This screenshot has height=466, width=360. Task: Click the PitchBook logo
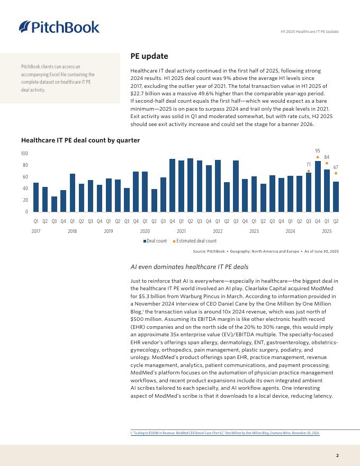59,26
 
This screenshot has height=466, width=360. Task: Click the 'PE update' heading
149,56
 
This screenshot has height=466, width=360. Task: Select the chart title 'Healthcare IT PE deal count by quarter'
80,140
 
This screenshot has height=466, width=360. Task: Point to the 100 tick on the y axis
24,154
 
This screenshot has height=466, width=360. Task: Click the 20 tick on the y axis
25,200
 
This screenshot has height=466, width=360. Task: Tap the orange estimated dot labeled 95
318,157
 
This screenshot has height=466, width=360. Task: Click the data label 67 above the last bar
336,167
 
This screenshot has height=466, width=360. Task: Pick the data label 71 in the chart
309,165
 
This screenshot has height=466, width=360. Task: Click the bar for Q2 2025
336,196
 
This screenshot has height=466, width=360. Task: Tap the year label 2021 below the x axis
181,231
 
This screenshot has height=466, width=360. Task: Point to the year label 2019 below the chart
109,231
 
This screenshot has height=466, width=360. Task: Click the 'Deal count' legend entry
156,241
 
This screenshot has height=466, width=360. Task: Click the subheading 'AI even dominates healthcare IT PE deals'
189,267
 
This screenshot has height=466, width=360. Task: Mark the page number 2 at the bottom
337,455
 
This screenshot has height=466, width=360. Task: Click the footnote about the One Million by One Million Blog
225,433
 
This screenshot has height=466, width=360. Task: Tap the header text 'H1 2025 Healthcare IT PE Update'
309,32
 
